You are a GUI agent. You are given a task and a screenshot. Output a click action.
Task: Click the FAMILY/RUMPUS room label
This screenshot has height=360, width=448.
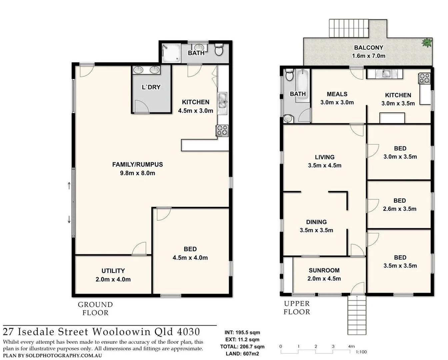tap(137, 164)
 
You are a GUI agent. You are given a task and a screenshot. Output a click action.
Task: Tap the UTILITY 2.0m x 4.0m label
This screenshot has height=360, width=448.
tap(113, 275)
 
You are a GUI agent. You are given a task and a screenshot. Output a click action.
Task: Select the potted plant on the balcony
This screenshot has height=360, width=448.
tap(426, 43)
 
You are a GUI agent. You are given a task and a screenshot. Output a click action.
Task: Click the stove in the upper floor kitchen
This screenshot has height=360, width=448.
tap(424, 78)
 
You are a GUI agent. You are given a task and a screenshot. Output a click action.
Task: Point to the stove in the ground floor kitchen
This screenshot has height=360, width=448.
tap(222, 130)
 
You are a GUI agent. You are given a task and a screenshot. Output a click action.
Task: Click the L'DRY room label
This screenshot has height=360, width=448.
tap(151, 87)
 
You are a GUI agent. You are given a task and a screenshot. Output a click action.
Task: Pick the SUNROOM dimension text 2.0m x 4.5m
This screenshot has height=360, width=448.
tap(324, 279)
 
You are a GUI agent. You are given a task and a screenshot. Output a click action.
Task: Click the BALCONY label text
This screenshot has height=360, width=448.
tap(368, 48)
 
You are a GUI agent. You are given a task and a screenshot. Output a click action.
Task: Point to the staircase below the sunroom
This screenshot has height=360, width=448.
tap(357, 315)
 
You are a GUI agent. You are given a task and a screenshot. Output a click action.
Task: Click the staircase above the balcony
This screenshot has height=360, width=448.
tap(349, 28)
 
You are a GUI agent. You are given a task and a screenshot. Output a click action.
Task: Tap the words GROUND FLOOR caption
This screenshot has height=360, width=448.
tap(95, 309)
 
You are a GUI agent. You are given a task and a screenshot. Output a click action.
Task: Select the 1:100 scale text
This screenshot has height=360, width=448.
tap(361, 352)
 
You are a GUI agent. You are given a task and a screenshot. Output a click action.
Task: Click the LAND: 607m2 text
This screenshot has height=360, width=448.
tap(242, 354)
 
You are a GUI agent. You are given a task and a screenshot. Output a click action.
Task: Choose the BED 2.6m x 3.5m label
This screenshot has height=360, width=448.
tap(399, 205)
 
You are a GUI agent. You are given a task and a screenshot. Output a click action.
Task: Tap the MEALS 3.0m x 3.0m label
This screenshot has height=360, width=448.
tap(337, 98)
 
